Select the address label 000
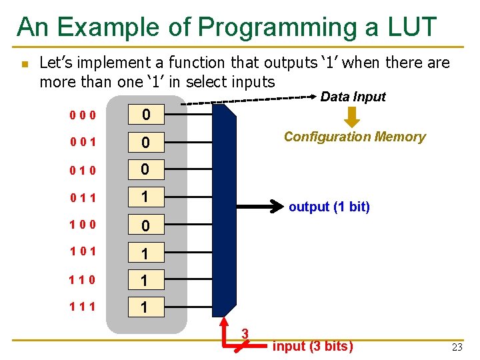coord(82,115)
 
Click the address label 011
coord(82,198)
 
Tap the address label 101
coord(82,252)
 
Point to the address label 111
coord(82,307)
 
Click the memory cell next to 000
coord(146,116)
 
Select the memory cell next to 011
coord(146,198)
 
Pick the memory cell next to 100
coord(146,226)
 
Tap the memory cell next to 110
coord(146,281)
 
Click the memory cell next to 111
coord(146,308)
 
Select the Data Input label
coord(353,97)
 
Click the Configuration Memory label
coord(354,137)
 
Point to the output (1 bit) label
coord(329,207)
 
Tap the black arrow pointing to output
coord(260,207)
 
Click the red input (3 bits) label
coord(313,346)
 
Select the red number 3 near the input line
coord(245,333)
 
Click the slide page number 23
coord(457,347)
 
